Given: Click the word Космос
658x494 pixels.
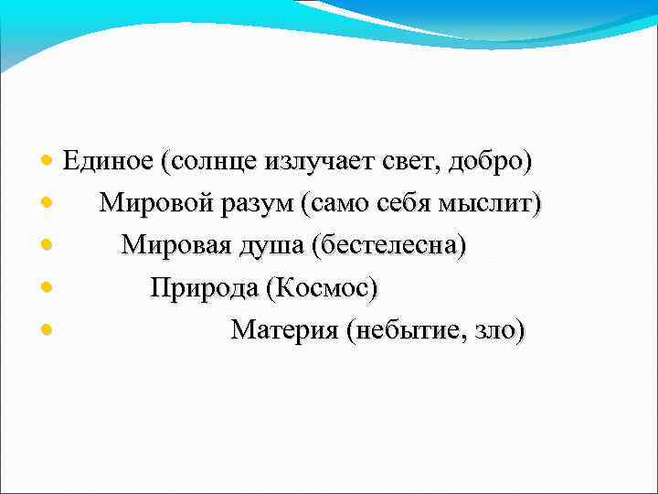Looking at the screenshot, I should click(323, 288).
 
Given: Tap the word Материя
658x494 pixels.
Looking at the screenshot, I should click(283, 329).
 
